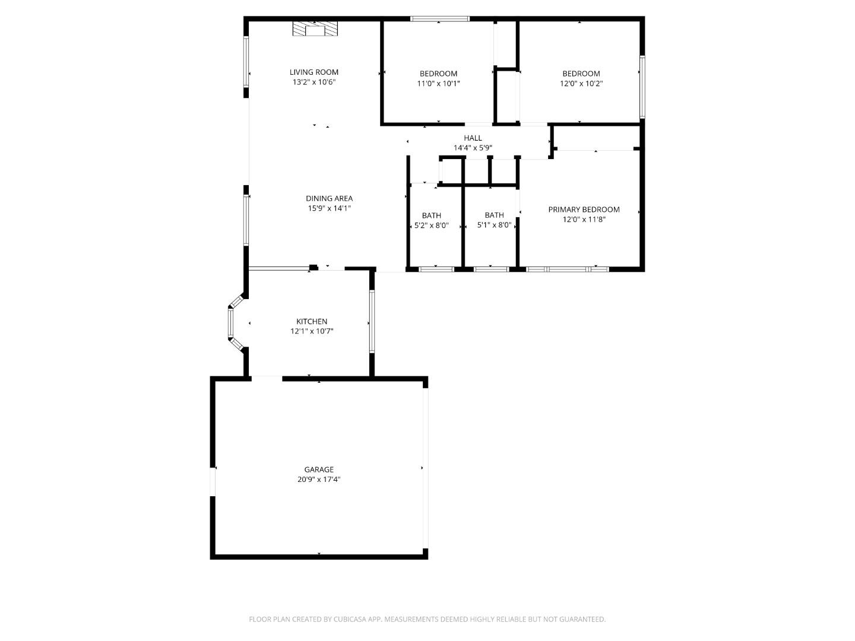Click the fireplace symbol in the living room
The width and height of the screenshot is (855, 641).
[315, 30]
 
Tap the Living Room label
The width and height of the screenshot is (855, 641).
[314, 72]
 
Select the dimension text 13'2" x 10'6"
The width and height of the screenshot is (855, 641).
[314, 82]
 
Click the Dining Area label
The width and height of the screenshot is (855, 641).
[330, 199]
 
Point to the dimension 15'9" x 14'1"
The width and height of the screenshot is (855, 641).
[330, 209]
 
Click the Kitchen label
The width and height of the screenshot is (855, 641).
[312, 322]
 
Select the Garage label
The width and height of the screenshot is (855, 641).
[319, 469]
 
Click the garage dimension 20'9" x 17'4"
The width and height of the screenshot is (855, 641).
[319, 480]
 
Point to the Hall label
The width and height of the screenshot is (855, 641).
[473, 138]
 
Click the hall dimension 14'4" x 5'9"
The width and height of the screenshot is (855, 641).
[473, 148]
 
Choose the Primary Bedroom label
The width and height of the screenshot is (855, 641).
[584, 210]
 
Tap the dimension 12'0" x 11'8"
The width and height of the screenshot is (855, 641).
[584, 220]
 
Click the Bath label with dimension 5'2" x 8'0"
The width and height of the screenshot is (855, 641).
[432, 215]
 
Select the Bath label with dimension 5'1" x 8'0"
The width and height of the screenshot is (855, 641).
[494, 215]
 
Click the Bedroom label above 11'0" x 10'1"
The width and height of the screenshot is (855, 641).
[438, 74]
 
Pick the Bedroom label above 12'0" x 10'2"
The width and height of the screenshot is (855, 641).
[581, 74]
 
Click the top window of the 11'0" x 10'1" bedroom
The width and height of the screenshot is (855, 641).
[440, 19]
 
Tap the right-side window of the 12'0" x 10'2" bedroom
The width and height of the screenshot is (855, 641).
[642, 87]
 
